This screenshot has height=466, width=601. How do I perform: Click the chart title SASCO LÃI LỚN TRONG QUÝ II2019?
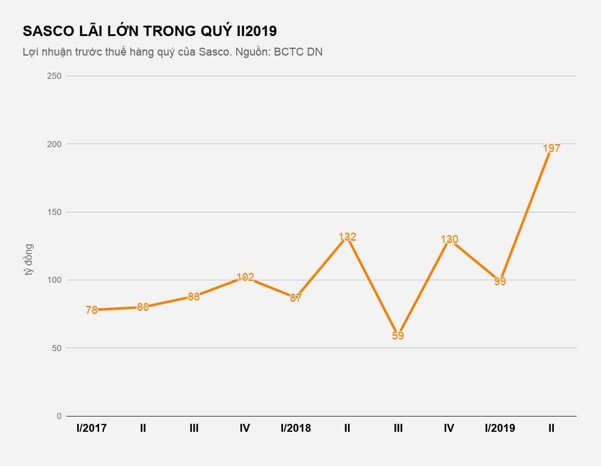(150, 31)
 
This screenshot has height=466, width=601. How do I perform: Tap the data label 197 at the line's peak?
(551, 148)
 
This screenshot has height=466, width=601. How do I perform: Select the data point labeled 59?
(398, 335)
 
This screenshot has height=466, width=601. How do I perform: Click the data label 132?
(347, 237)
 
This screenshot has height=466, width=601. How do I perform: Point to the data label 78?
(92, 310)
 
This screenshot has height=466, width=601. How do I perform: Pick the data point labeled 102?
(245, 277)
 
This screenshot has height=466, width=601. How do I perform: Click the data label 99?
(500, 282)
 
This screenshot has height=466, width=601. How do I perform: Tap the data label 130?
(449, 239)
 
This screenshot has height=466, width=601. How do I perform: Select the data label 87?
(296, 298)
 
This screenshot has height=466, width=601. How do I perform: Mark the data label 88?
(194, 297)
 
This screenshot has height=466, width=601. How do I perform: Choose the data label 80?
(143, 307)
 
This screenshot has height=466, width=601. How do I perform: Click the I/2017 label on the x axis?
(92, 428)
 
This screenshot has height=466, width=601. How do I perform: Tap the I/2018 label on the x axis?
(296, 428)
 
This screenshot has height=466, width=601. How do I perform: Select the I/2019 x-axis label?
(500, 428)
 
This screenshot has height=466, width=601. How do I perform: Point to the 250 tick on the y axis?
(55, 76)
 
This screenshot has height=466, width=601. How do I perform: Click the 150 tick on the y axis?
(55, 212)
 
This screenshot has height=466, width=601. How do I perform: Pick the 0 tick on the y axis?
(59, 416)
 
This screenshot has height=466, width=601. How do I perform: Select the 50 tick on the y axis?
(57, 348)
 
